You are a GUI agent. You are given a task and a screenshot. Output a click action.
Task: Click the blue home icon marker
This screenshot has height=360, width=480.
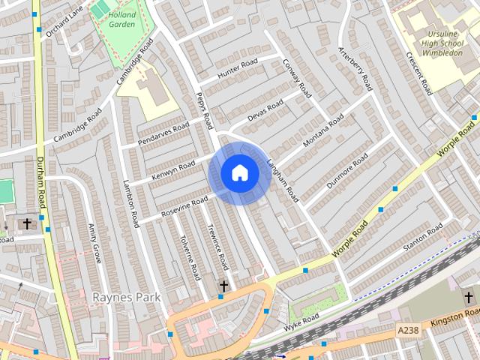pyautogui.click(x=239, y=173)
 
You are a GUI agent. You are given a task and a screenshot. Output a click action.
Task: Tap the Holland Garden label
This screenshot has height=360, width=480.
pyautogui.click(x=121, y=18)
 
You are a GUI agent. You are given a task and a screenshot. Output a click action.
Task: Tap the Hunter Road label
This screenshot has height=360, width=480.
pyautogui.click(x=238, y=68)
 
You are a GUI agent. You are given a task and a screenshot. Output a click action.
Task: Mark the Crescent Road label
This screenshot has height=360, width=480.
pyautogui.click(x=419, y=73)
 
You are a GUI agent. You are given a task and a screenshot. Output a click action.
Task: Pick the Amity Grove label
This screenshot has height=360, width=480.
pyautogui.click(x=94, y=244)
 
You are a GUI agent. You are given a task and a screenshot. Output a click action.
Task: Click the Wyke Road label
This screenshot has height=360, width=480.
pyautogui.click(x=301, y=322)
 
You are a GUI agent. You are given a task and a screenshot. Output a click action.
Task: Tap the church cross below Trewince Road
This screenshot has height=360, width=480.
pyautogui.click(x=223, y=286)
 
